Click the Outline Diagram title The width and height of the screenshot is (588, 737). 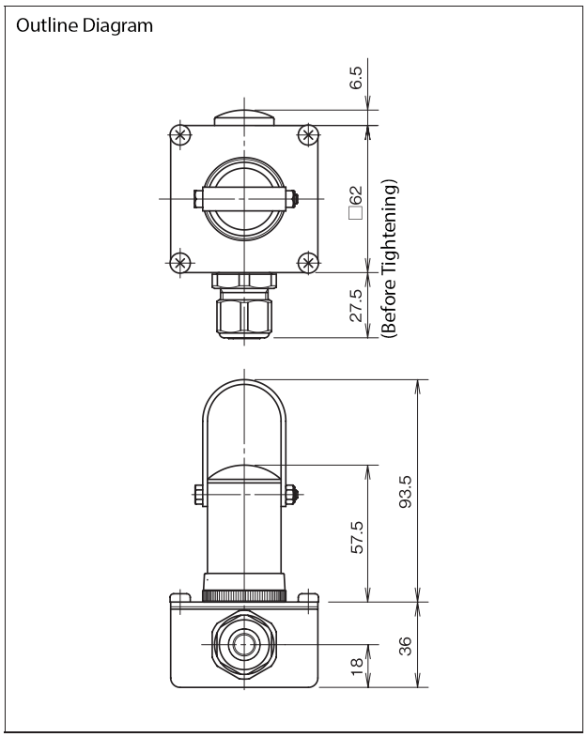(85, 26)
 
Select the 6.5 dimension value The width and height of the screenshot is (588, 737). (356, 78)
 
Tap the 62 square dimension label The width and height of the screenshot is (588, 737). (356, 202)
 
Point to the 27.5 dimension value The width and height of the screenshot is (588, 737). (356, 305)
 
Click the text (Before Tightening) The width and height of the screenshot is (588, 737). (389, 258)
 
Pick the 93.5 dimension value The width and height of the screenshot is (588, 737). (405, 492)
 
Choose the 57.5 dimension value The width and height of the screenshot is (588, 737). (357, 537)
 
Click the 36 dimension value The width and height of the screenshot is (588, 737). (405, 646)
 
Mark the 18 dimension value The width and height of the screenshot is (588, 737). (357, 666)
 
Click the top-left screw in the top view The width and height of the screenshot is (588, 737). (180, 136)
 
